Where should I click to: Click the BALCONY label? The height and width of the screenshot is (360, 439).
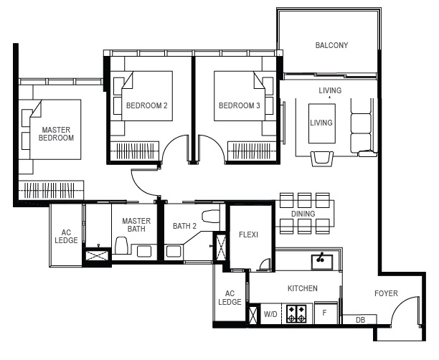331,45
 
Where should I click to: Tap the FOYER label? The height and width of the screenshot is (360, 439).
386,293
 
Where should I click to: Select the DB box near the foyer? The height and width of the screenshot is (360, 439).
360,319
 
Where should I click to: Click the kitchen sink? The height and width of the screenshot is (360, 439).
322,262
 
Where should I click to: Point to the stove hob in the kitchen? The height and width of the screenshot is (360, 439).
296,313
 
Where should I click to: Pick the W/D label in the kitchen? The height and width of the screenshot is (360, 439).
270,314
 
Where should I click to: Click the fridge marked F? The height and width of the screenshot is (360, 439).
326,313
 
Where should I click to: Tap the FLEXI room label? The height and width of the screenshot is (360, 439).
248,235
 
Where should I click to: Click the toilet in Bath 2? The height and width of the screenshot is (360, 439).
211,216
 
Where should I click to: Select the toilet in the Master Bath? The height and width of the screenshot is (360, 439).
122,245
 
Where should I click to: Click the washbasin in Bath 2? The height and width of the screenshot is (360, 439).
174,251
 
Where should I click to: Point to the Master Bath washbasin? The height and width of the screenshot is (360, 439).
144,251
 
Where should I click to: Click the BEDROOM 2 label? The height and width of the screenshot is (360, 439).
147,105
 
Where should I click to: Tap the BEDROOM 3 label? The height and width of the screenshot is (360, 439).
239,105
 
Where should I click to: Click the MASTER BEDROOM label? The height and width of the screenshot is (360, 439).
56,134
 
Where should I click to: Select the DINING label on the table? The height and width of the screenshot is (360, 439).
303,214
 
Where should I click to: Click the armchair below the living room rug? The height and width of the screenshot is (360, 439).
322,158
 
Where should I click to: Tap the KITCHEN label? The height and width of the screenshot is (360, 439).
303,288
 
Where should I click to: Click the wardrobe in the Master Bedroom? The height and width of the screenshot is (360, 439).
51,190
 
